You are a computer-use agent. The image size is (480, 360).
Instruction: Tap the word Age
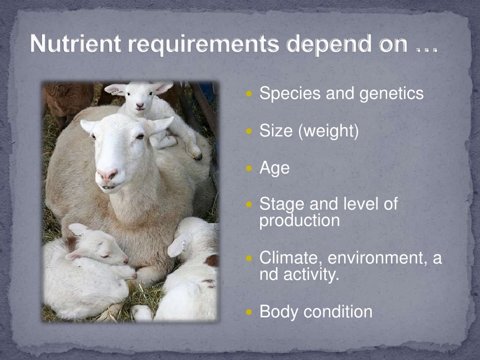pos(274,168)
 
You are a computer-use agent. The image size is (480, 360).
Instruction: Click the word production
pos(300,220)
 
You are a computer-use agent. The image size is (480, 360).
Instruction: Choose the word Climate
pos(291,258)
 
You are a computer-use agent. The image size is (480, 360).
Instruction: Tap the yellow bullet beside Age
pos(249,167)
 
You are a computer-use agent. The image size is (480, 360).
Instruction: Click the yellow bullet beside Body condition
pos(249,311)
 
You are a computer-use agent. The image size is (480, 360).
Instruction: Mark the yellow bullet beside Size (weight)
pos(249,131)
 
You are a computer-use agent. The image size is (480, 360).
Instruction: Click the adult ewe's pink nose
pos(107,176)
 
